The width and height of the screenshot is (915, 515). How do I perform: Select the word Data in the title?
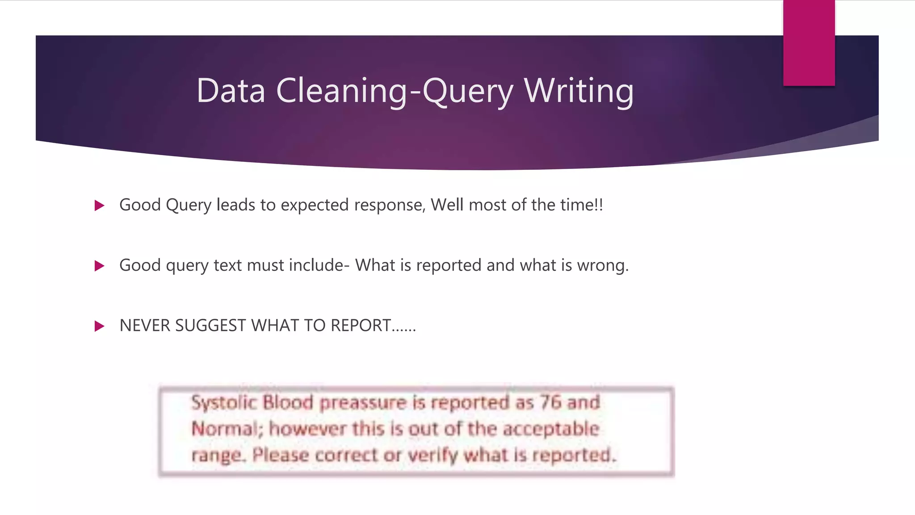coord(231,91)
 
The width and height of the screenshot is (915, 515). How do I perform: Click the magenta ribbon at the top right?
coord(809,42)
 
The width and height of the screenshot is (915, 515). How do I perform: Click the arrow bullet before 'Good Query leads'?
coord(99,206)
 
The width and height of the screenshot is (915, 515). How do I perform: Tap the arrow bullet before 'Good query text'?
coord(99,266)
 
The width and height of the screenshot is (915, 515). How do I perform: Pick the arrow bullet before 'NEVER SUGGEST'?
coord(99,326)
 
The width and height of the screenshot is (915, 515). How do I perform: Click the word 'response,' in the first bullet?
coord(390,205)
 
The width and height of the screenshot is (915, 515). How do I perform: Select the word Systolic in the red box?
coord(224,403)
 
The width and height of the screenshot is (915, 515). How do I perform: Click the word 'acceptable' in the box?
coord(551,429)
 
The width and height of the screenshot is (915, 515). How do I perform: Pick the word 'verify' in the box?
coord(433,456)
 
